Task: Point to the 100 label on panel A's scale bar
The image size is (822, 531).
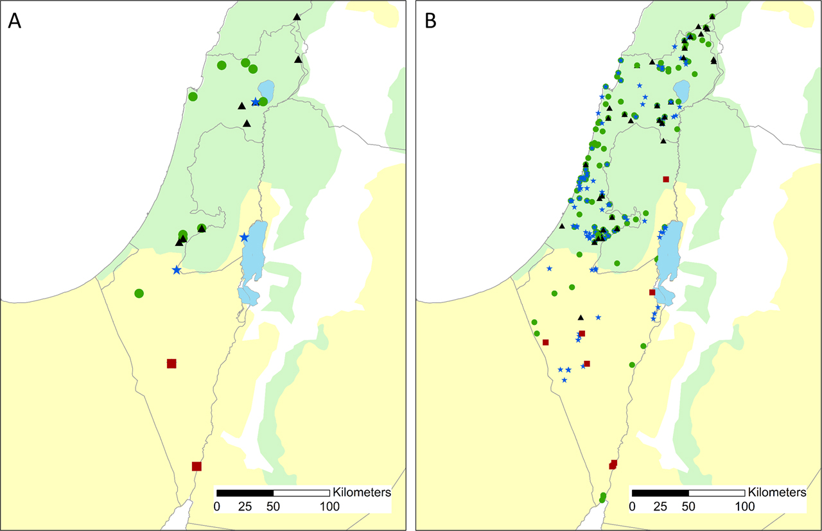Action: click(x=329, y=506)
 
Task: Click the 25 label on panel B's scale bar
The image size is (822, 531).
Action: click(x=660, y=506)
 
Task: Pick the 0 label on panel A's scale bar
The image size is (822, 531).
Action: click(x=217, y=506)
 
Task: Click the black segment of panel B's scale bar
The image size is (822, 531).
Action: click(x=660, y=493)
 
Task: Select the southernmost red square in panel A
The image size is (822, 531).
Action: click(x=197, y=466)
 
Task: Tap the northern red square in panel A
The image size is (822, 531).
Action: click(x=171, y=363)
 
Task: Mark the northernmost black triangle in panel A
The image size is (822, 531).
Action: click(x=296, y=17)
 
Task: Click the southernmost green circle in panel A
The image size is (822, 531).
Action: click(x=139, y=293)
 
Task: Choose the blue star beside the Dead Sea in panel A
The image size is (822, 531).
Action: click(x=244, y=238)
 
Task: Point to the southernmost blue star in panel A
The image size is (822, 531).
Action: click(x=177, y=270)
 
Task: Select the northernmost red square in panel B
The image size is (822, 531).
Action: click(x=666, y=179)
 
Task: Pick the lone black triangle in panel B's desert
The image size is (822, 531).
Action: click(x=581, y=317)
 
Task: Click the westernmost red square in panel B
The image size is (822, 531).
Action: click(x=545, y=342)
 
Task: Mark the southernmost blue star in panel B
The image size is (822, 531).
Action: click(x=564, y=380)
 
